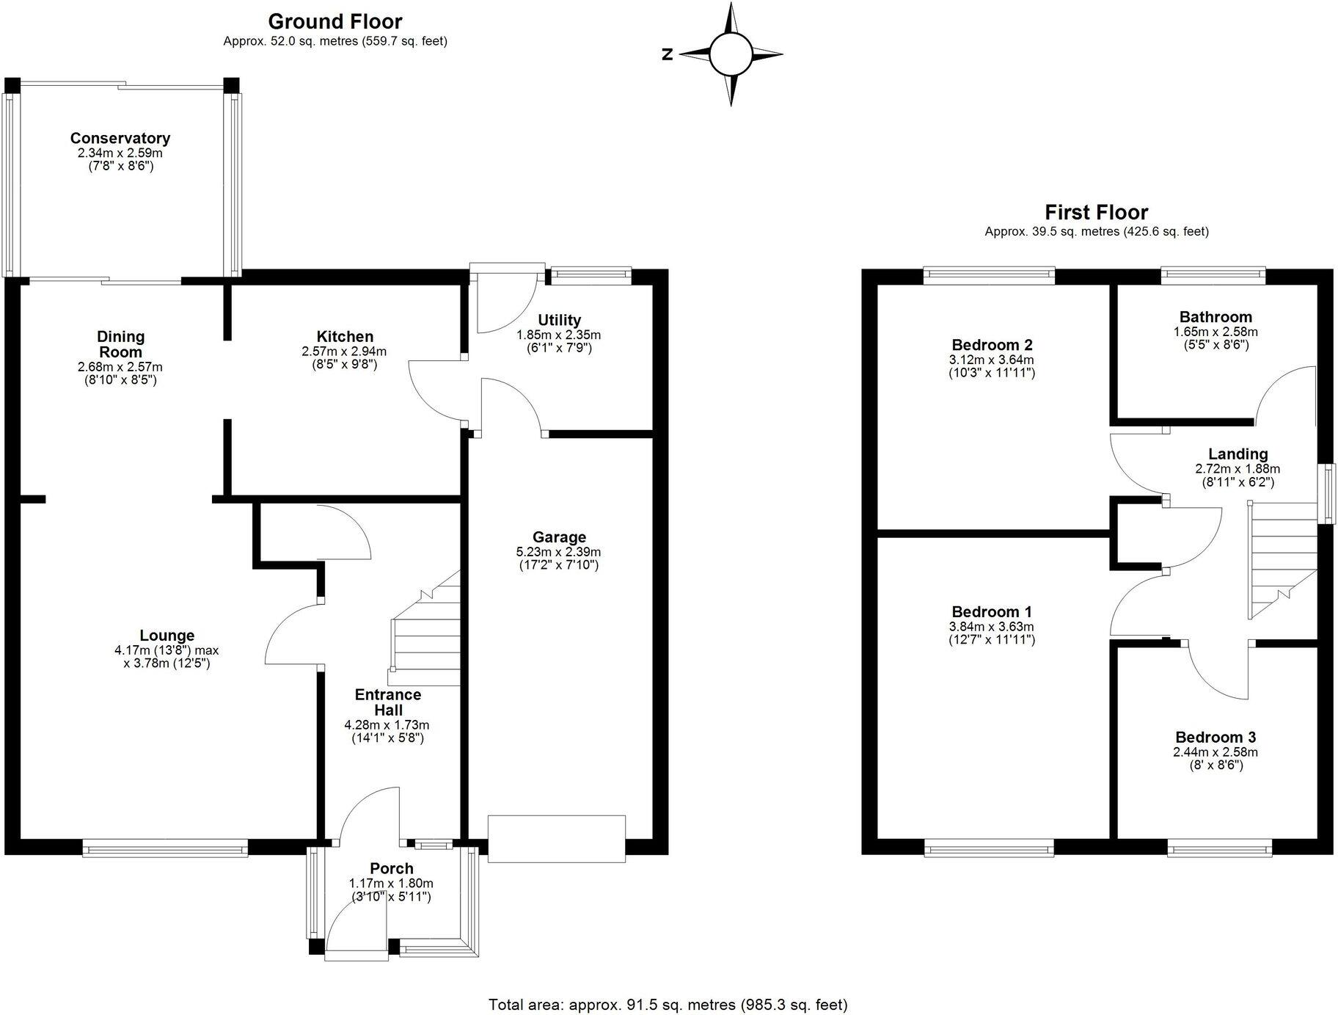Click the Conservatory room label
tap(120, 138)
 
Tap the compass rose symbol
tap(731, 54)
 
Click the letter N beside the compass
tap(668, 54)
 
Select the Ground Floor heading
tap(335, 21)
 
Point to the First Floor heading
tap(1096, 212)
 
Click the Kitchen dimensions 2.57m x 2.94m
tap(344, 352)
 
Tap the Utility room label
tap(559, 320)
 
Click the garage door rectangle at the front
tap(557, 838)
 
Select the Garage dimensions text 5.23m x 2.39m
tap(559, 552)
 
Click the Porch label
tap(391, 869)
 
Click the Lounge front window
tap(165, 849)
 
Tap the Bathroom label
tap(1215, 317)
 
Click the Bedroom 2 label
tap(992, 345)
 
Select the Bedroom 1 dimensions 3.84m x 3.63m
tap(992, 627)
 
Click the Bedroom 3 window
tap(1220, 850)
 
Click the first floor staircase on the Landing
tap(1280, 558)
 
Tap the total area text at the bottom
tap(668, 1004)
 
